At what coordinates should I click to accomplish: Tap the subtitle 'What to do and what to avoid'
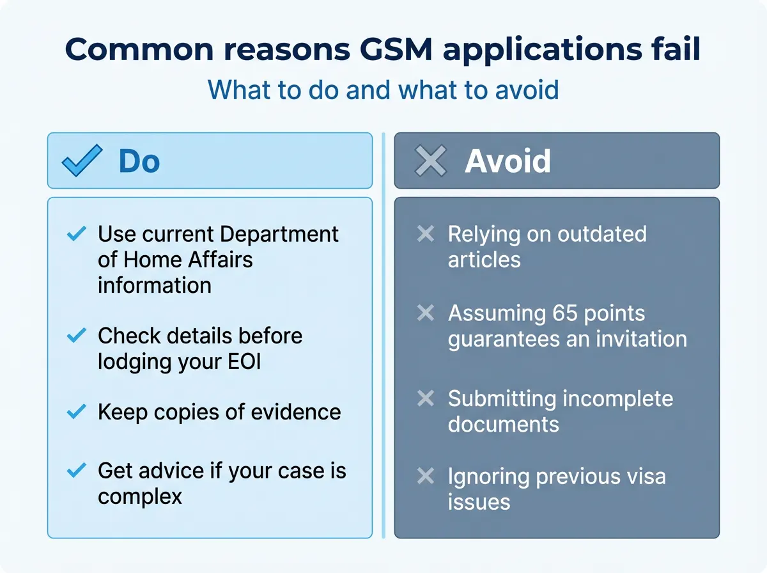tap(383, 90)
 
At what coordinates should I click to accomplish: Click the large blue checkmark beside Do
tap(82, 161)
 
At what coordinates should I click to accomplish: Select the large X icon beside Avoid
tap(431, 161)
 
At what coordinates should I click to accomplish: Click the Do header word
tap(139, 161)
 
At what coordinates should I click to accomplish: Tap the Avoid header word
tap(507, 161)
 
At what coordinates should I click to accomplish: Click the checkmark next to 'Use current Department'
tap(77, 235)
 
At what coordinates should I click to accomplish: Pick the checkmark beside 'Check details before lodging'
tap(77, 335)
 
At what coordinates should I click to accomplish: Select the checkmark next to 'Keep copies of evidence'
tap(77, 412)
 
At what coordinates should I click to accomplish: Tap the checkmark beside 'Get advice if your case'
tap(77, 471)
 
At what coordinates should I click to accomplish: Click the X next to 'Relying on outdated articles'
tap(426, 235)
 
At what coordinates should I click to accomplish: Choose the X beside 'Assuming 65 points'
tap(426, 313)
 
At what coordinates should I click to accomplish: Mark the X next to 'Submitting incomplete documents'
tap(426, 399)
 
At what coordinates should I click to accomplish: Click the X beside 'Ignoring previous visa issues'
tap(426, 476)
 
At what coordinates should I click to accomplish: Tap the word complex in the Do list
tap(140, 497)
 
